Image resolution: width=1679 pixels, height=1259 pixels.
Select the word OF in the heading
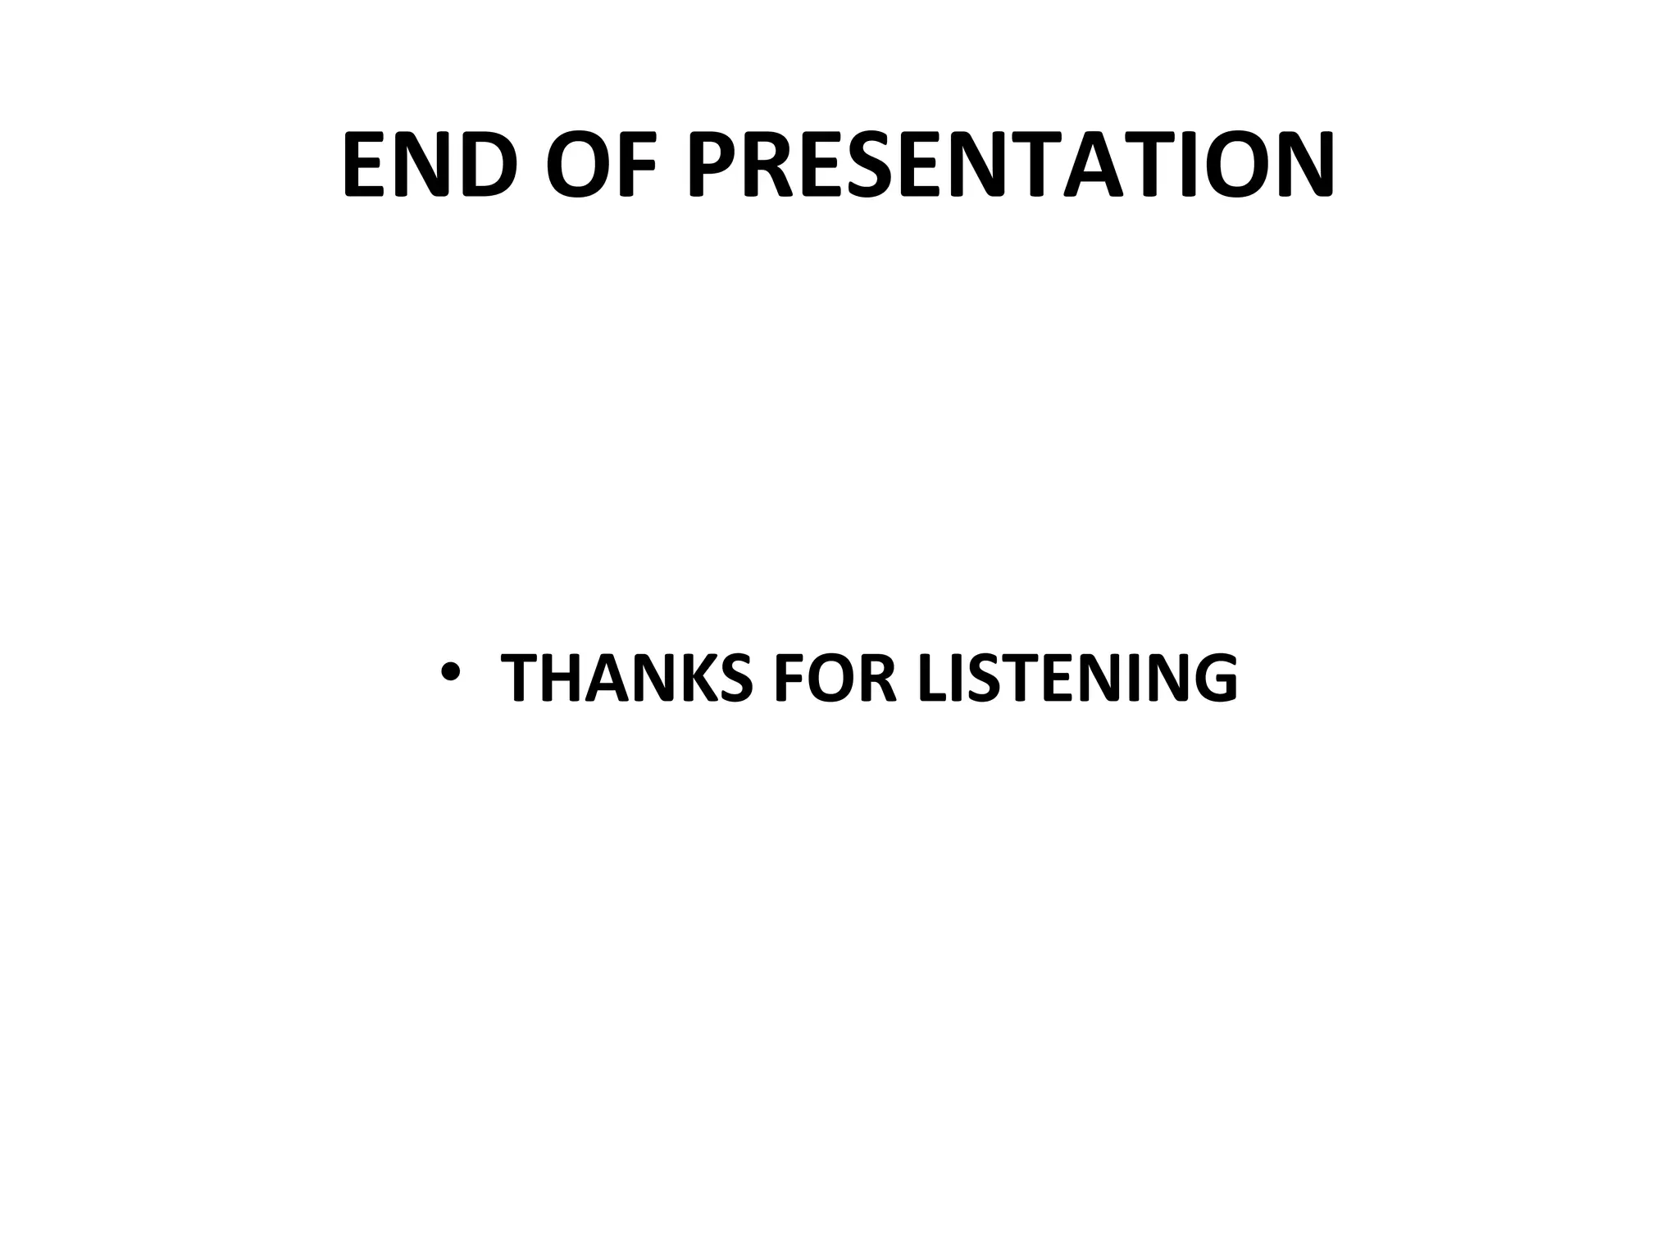tap(602, 165)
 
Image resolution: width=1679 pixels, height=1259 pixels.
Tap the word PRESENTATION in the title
tap(1010, 165)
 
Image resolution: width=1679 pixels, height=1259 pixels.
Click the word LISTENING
tap(1077, 678)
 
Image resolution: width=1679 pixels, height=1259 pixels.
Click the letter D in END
tap(489, 165)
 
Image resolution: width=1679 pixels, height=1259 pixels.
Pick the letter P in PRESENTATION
tap(715, 165)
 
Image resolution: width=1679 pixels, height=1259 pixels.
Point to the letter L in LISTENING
tap(932, 678)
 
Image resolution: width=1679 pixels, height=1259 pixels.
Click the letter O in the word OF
tap(577, 165)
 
